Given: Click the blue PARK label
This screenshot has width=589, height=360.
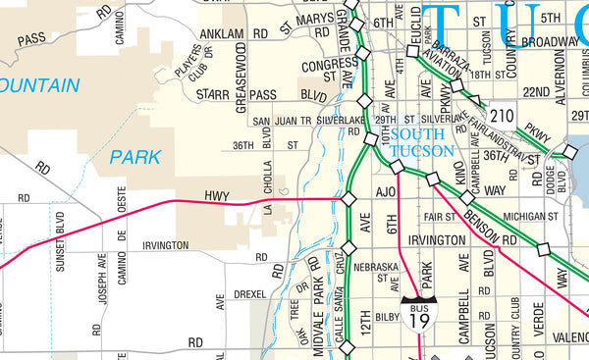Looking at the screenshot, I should coord(134,156).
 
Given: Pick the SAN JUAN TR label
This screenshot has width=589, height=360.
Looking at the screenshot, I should coord(282,121).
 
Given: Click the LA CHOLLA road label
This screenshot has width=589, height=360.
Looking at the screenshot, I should coord(266,193).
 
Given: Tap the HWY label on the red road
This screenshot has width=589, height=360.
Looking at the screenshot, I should coord(216,196).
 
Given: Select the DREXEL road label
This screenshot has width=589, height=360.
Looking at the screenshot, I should coord(249,293).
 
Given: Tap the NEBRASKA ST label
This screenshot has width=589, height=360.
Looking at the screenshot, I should coord(376,272).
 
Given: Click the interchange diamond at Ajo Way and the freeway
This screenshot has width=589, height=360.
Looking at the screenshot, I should coord(348,199).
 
